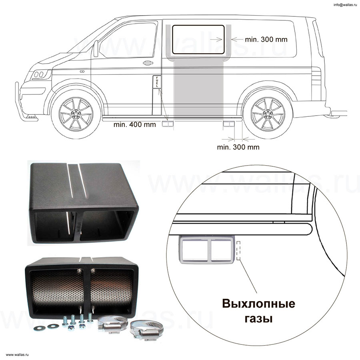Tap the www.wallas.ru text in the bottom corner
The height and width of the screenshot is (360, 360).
17,355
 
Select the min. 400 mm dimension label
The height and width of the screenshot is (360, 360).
134,125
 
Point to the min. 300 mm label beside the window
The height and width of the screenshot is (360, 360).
266,40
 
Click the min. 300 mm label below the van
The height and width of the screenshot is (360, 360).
238,147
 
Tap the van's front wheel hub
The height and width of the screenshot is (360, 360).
76,114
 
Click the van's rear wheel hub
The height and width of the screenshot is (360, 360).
268,114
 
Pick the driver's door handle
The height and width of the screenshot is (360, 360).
148,63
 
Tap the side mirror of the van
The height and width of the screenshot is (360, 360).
96,48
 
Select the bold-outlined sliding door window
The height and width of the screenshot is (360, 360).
198,40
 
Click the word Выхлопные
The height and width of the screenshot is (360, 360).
258,304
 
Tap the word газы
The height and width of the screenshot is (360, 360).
258,319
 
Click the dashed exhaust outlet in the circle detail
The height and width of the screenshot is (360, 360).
238,251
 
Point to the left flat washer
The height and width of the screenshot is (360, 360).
38,328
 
